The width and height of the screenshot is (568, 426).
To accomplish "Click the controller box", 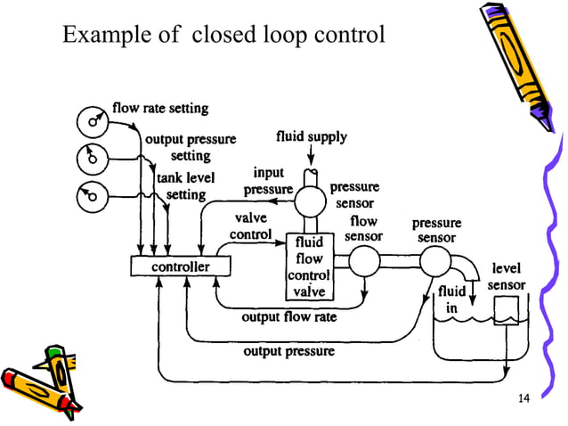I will [x=181, y=266].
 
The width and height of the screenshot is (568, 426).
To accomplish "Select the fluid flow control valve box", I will [x=308, y=266].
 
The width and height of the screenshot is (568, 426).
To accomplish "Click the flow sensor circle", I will [x=363, y=261].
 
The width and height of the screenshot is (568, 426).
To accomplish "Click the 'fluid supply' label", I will [x=311, y=137].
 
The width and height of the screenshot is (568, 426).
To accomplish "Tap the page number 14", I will [x=523, y=396].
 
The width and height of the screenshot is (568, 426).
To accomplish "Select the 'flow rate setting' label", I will [x=160, y=109].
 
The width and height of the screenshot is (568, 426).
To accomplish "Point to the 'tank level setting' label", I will [x=186, y=185].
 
